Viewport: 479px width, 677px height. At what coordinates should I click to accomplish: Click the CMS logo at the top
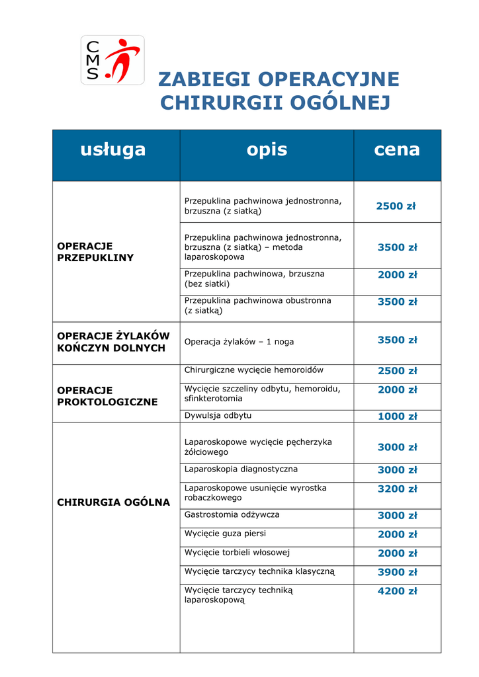click(112, 60)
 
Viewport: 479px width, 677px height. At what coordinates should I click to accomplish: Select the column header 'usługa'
click(113, 149)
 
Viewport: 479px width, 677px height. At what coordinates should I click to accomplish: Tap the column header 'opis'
click(267, 149)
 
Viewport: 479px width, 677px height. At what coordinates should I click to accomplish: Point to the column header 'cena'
click(397, 149)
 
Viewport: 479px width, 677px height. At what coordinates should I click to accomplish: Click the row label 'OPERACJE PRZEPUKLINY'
click(95, 252)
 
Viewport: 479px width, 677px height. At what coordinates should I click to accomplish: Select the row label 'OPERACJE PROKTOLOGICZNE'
click(107, 396)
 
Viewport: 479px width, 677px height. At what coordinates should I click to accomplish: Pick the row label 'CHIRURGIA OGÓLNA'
click(114, 502)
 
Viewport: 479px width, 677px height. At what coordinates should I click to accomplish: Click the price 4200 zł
click(397, 592)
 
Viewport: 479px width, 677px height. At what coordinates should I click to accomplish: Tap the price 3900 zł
click(397, 573)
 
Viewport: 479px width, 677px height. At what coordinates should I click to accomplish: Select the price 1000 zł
click(397, 417)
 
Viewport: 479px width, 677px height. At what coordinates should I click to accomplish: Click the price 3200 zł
click(397, 489)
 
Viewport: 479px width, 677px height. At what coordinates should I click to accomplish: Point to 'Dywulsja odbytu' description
click(218, 416)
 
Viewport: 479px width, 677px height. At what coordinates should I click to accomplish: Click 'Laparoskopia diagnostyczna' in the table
click(241, 469)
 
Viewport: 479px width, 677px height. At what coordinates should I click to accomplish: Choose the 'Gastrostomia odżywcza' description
click(232, 514)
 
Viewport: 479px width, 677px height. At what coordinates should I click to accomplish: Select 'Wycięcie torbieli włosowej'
click(237, 553)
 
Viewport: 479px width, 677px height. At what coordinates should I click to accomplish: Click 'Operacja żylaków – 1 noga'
click(239, 342)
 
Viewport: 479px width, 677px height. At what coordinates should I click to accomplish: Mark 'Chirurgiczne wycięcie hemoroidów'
click(254, 370)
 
